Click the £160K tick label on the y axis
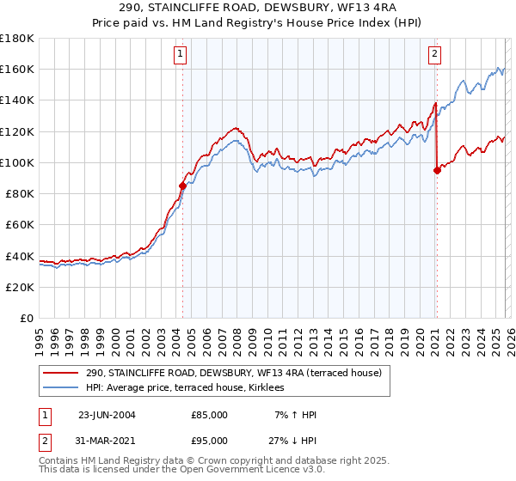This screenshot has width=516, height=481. [x=17, y=70]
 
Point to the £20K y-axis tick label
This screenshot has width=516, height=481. [x=20, y=287]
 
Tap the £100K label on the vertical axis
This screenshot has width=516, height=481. [x=17, y=162]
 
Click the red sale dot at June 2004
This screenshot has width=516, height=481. [x=182, y=185]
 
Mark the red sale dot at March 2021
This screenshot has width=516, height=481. [x=437, y=170]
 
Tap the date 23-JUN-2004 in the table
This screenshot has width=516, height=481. [x=107, y=415]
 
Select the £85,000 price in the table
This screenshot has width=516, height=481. [x=209, y=415]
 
